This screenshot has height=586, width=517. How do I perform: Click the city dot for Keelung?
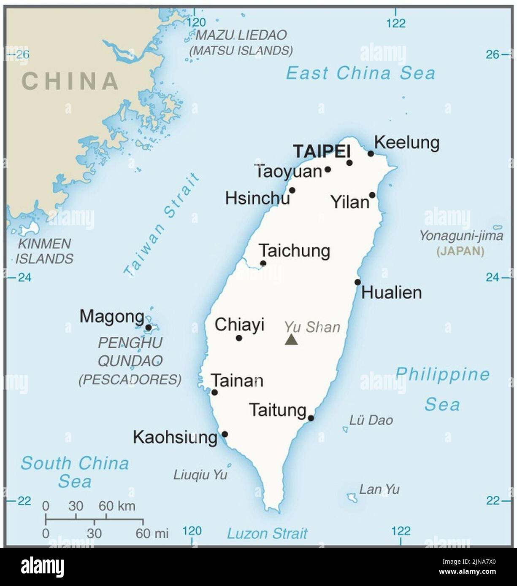click(371, 153)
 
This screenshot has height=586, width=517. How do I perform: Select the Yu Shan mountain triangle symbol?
click(291, 340)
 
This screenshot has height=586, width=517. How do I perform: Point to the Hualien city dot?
click(357, 282)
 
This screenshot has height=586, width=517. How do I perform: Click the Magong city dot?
click(148, 327)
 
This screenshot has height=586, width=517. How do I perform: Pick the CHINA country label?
click(70, 81)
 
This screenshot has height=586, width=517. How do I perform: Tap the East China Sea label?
click(360, 73)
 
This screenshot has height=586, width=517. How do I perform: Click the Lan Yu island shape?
click(352, 497)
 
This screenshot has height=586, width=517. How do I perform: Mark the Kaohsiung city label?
click(175, 438)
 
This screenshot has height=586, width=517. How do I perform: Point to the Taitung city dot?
click(311, 418)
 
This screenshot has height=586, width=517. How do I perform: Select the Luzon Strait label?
click(267, 534)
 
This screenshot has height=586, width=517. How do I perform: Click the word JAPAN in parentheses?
click(460, 252)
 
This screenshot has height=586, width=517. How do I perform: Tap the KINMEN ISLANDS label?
click(44, 251)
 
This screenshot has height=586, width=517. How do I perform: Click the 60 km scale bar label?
click(117, 505)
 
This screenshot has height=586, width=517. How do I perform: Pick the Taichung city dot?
click(263, 263)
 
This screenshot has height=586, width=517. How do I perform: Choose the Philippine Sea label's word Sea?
click(441, 405)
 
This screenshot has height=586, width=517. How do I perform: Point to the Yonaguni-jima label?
click(461, 236)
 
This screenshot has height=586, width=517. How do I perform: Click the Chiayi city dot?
click(239, 338)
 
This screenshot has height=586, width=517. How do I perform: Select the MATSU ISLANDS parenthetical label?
click(241, 51)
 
